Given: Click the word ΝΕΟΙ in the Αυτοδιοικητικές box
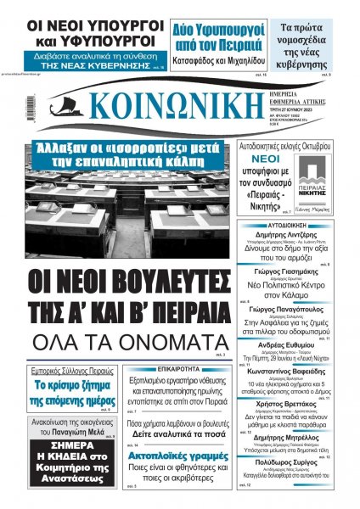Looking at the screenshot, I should point(262,158).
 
